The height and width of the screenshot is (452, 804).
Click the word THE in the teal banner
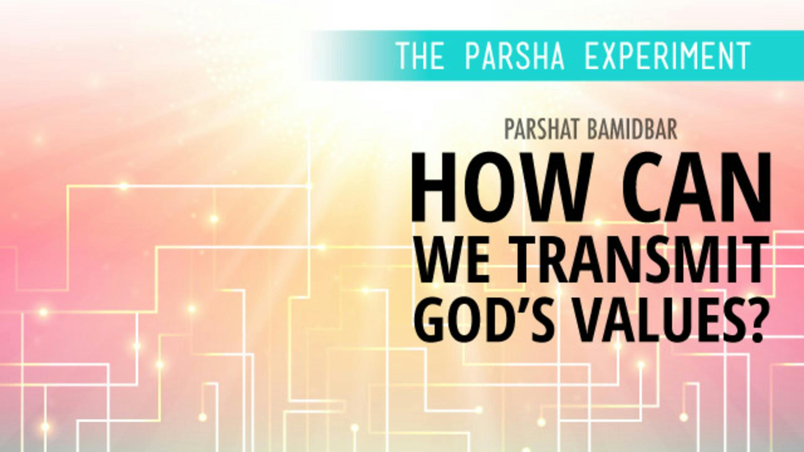420,56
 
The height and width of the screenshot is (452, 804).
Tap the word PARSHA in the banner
515,56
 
